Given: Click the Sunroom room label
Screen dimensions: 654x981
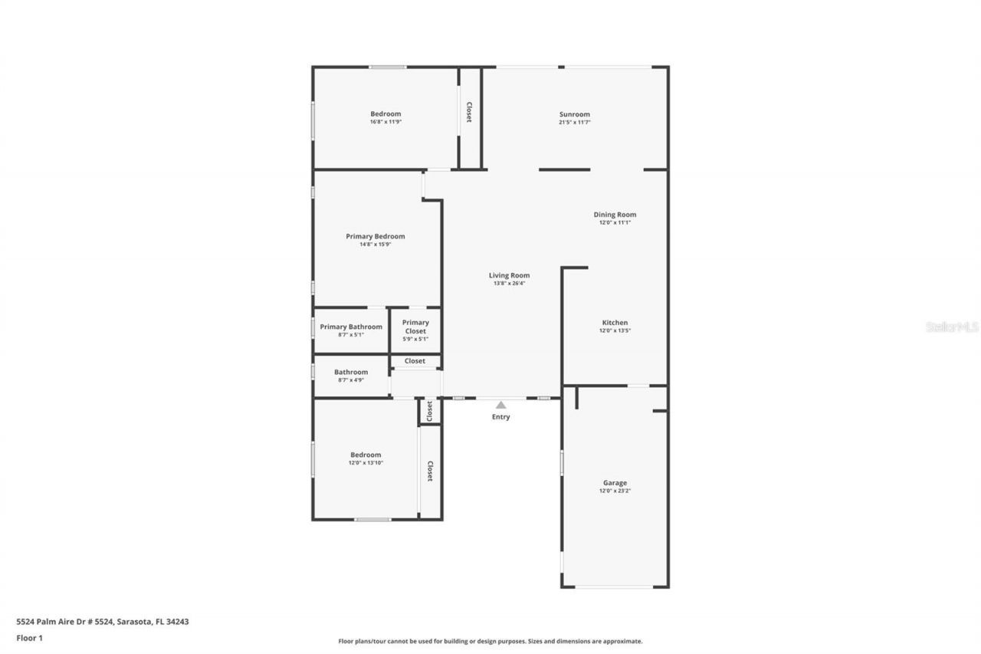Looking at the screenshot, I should (574, 114).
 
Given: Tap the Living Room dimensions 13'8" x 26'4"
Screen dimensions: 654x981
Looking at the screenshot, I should (509, 284).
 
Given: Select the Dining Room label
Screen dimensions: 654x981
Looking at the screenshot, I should (615, 215).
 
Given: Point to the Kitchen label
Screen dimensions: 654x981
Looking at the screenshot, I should (615, 323).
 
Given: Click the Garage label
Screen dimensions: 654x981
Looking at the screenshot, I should (615, 483).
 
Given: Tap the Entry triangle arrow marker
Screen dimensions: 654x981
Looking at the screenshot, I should (500, 405).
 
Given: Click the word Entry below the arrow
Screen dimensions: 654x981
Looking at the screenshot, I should (500, 417).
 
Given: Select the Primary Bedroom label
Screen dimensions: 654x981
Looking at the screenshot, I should (375, 236).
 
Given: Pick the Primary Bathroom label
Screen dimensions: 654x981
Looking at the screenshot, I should (351, 327).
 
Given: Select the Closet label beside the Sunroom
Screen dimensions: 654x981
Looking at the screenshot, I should (469, 113).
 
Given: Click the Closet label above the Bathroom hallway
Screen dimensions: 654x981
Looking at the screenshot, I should (415, 361).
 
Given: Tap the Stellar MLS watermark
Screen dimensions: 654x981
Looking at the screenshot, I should (952, 327).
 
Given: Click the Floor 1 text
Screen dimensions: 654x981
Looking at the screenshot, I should (30, 638).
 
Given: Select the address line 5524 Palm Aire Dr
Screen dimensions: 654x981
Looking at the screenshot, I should (103, 622).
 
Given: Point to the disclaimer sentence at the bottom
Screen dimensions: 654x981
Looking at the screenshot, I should (490, 641).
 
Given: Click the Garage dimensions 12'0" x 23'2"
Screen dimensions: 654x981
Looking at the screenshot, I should (615, 491).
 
